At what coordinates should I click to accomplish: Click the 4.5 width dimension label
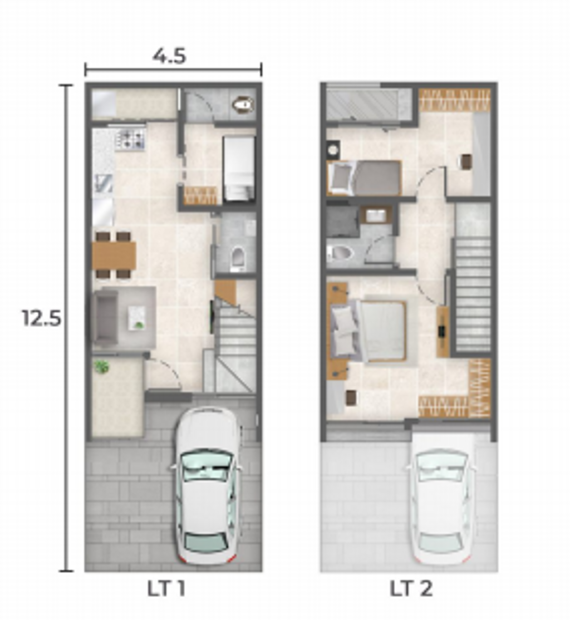[169, 56]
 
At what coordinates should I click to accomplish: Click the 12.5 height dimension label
[42, 318]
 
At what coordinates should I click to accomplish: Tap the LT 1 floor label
[166, 589]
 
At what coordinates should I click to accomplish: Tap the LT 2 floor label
[411, 589]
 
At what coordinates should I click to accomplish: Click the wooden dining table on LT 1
[114, 255]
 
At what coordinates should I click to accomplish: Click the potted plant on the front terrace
[102, 367]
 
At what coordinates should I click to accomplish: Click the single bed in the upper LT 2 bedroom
[365, 178]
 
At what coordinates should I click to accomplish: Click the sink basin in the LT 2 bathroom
[374, 215]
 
